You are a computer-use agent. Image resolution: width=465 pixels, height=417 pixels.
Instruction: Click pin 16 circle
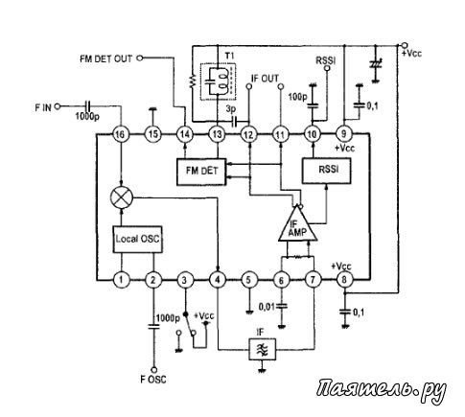pos(121,134)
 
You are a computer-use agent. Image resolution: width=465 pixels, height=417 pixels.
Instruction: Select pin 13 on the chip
pos(217,134)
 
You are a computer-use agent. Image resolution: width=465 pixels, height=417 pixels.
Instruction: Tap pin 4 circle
pos(218,280)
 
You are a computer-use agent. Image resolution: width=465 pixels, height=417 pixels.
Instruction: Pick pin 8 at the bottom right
pos(344,280)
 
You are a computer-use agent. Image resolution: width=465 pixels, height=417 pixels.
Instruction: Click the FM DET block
pos(201,172)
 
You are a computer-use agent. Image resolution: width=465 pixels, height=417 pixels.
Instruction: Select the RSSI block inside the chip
pos(327,171)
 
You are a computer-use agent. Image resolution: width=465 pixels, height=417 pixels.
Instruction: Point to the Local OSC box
pos(137,240)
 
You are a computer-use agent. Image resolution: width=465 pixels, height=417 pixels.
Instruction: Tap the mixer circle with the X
pos(122,197)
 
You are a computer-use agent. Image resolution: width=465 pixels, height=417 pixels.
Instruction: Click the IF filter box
pos(263,349)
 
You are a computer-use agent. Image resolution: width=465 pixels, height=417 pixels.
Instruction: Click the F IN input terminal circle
pos(58,106)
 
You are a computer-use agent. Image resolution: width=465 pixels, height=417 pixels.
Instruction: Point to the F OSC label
pos(153,380)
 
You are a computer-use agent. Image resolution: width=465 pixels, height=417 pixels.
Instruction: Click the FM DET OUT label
pos(105,58)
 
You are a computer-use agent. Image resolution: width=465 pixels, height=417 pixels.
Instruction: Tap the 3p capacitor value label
pos(230,109)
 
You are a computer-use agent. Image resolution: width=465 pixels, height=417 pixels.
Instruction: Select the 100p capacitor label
pos(297,96)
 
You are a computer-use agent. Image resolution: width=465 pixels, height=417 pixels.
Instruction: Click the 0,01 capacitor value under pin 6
pos(267,307)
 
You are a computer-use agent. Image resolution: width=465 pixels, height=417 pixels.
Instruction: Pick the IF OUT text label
pos(265,79)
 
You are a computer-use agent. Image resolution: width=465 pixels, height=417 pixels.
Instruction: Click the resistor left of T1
pos(193,81)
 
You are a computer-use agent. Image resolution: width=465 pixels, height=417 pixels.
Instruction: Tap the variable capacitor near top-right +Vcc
pos(376,64)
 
